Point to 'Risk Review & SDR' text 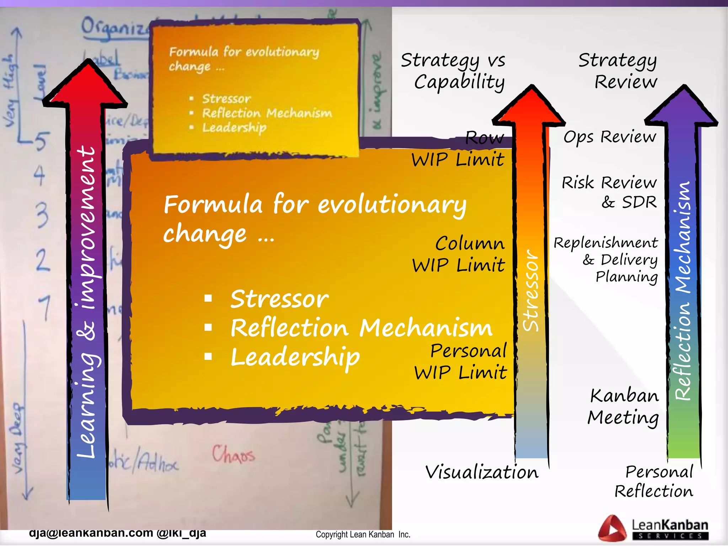click(609, 192)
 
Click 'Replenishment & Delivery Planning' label click(606, 259)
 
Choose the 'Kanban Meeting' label click(623, 406)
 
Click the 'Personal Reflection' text click(654, 481)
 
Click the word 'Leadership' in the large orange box click(295, 357)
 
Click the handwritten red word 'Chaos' click(234, 454)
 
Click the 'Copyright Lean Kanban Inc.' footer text click(363, 535)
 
